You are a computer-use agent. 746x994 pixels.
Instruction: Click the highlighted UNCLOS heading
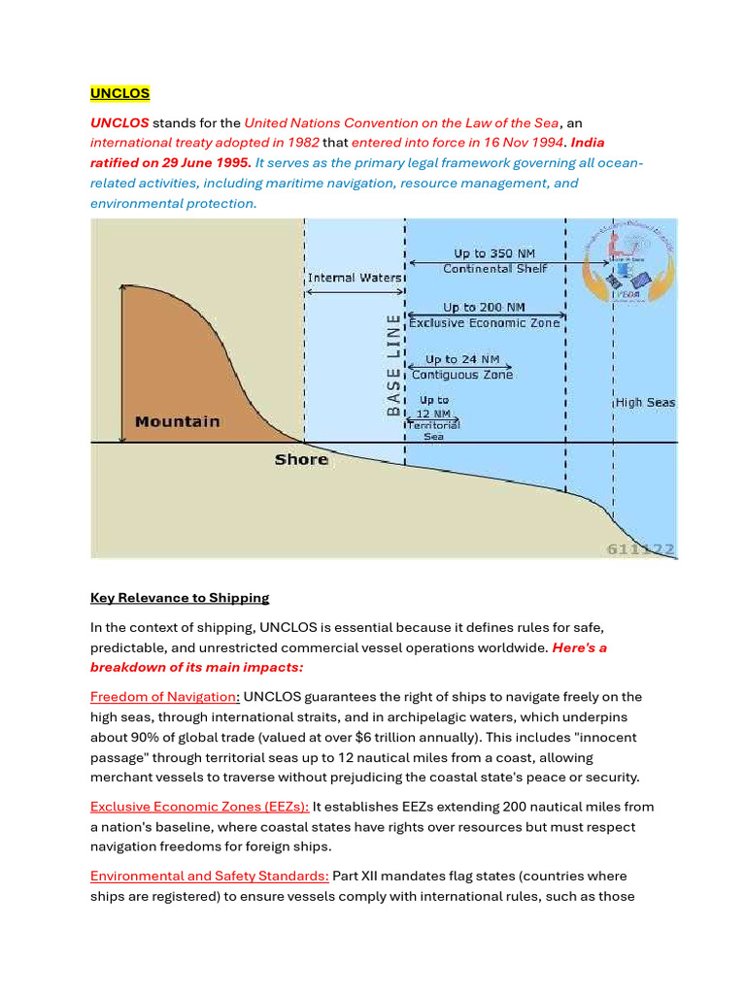point(119,93)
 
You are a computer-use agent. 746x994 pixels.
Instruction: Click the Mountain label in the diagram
point(177,421)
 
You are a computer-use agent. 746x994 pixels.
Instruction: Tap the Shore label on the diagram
point(301,459)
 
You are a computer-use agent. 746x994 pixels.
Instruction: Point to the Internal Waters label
point(354,278)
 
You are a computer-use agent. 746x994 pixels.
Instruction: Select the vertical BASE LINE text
point(393,364)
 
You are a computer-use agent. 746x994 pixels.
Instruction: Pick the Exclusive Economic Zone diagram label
point(484,322)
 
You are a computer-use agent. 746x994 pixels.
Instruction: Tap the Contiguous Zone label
point(462,375)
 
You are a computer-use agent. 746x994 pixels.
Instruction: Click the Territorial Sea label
point(433,430)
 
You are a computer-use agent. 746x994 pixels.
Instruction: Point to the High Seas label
point(646,402)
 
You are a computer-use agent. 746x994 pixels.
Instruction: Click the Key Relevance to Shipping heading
point(180,597)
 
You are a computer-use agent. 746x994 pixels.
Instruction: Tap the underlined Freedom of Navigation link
point(162,697)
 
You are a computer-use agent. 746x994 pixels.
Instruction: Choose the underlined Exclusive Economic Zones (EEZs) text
point(199,807)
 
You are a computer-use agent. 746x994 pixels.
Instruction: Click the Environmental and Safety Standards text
point(209,877)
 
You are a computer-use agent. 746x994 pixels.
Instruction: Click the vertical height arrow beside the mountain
point(121,363)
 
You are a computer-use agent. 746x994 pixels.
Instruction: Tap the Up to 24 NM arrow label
point(462,360)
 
